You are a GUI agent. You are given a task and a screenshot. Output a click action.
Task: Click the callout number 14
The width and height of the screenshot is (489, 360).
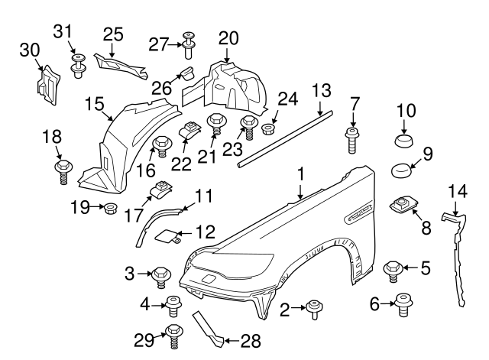tap(457, 191)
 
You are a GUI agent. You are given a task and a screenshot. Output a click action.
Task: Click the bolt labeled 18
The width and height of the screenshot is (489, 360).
tap(61, 168)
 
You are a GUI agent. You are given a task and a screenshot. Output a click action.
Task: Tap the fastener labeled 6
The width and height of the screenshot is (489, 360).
tap(401, 306)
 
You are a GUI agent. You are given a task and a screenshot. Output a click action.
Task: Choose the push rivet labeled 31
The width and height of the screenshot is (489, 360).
tap(77, 64)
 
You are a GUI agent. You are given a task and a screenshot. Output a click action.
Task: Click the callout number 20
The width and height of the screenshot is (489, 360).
tap(228, 37)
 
